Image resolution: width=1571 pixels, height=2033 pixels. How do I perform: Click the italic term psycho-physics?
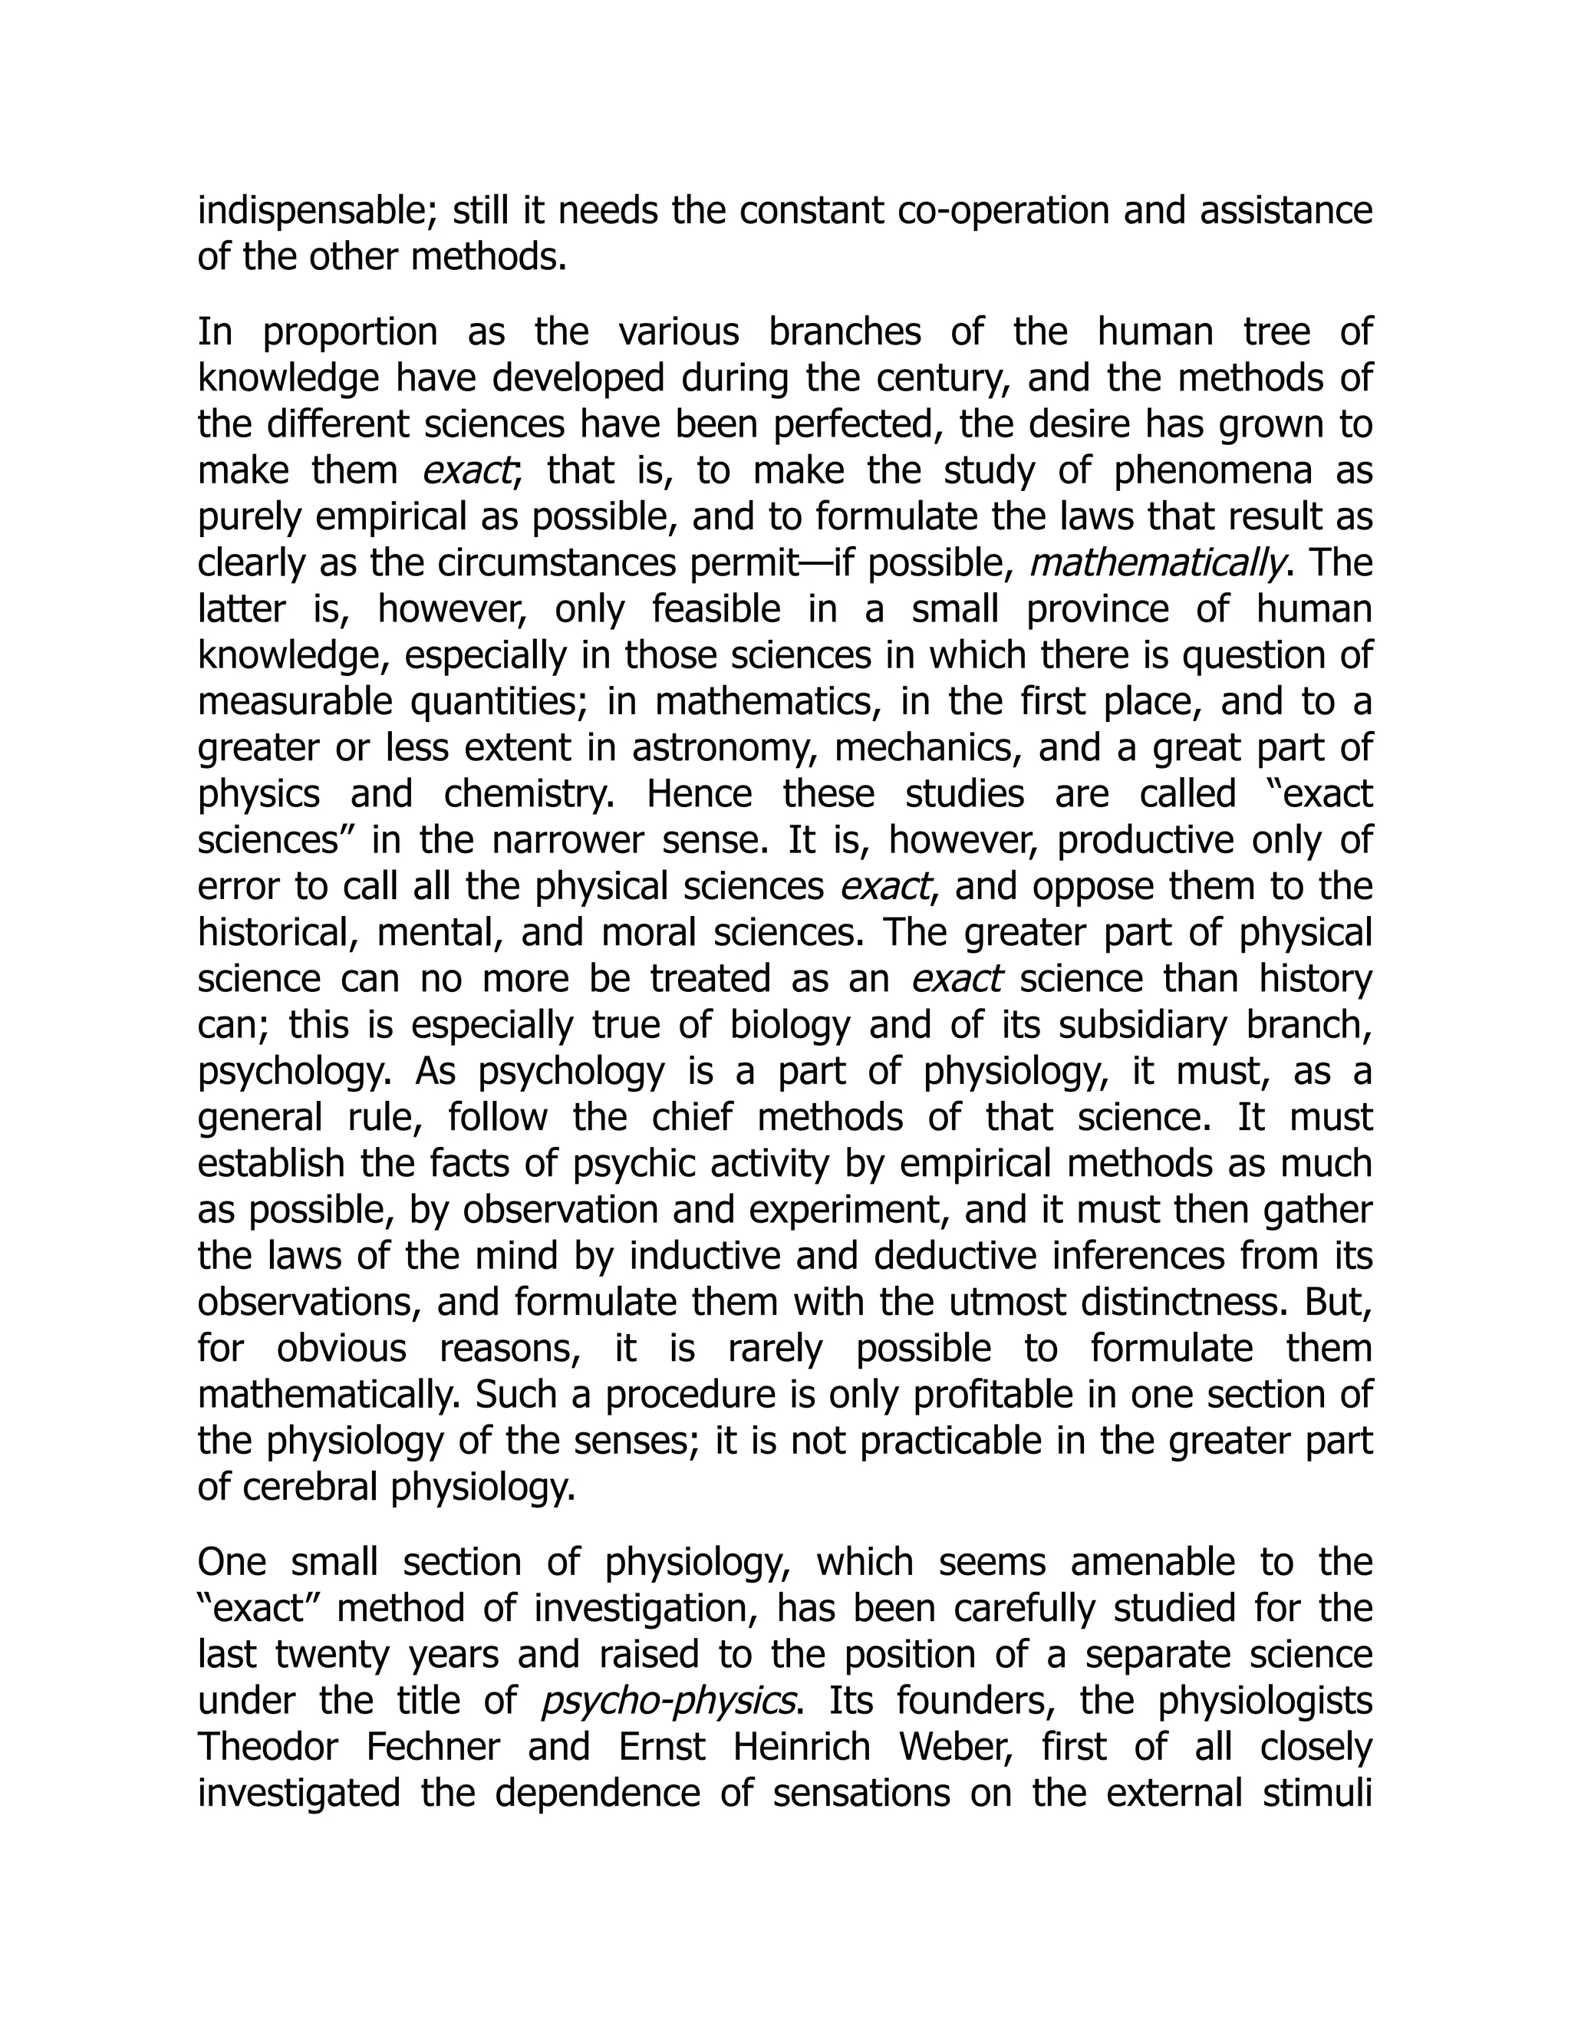667,1701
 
